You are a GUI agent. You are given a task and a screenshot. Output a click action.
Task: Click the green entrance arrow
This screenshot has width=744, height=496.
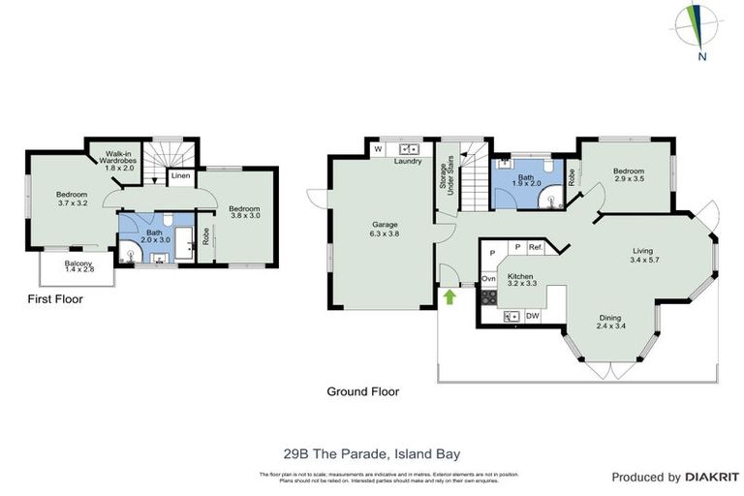coord(449,294)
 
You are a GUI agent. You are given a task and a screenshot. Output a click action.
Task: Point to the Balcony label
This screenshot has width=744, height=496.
coord(78,267)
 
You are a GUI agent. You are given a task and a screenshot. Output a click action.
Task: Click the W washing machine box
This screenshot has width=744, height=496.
coord(377,149)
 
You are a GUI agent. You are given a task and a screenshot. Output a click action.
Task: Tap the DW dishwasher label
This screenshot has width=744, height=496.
coord(532,316)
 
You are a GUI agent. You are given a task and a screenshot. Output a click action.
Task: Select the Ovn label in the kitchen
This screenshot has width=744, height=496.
coord(489,279)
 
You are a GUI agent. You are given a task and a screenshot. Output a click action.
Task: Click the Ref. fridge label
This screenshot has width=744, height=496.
coord(536,248)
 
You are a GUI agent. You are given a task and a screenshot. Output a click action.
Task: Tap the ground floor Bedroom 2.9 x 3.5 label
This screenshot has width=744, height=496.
coord(629,175)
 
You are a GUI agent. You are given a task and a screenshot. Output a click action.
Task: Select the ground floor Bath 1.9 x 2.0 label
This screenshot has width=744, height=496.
coord(526,182)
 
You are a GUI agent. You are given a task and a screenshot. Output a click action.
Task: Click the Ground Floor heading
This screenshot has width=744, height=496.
coord(362,392)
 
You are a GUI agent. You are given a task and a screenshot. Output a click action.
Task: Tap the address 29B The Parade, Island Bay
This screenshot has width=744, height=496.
coord(371,451)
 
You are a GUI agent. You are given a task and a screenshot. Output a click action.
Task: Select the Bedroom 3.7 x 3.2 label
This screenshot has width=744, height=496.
coord(73,200)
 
